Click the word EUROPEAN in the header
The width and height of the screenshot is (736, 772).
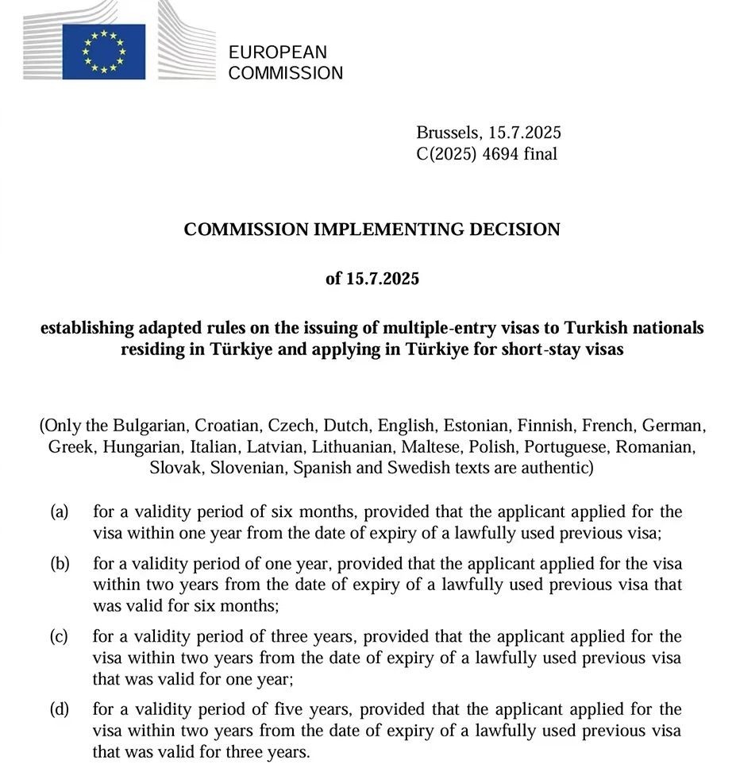coord(277,52)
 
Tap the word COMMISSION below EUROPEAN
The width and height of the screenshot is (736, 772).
coord(286,73)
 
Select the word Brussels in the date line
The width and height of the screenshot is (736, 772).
coord(447,133)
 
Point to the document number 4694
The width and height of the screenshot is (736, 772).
coord(499,154)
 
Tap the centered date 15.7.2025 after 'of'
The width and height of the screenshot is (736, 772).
coord(383,279)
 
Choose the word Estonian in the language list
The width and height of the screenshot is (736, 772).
coord(473,425)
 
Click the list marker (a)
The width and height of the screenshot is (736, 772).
coord(60,511)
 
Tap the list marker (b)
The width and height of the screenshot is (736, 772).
coord(60,564)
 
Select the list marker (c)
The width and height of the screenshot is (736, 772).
coord(60,636)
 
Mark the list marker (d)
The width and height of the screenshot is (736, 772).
coord(60,708)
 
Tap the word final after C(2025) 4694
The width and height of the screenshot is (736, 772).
coord(540,154)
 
